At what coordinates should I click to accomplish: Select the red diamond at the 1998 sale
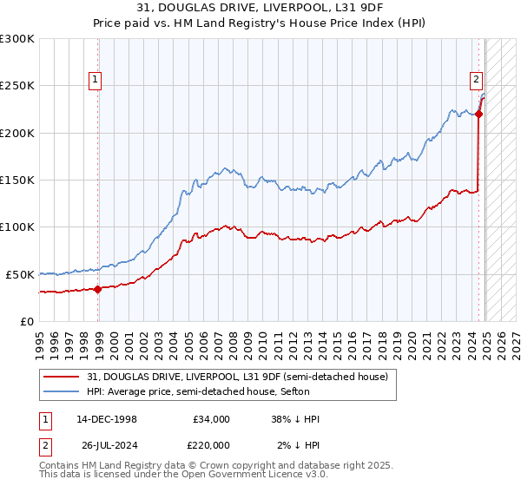(x=97, y=290)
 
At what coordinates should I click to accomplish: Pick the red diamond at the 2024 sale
(x=479, y=114)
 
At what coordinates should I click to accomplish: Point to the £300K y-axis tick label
(x=17, y=39)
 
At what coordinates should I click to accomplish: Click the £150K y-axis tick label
(x=17, y=181)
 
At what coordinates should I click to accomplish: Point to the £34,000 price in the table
(x=211, y=419)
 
